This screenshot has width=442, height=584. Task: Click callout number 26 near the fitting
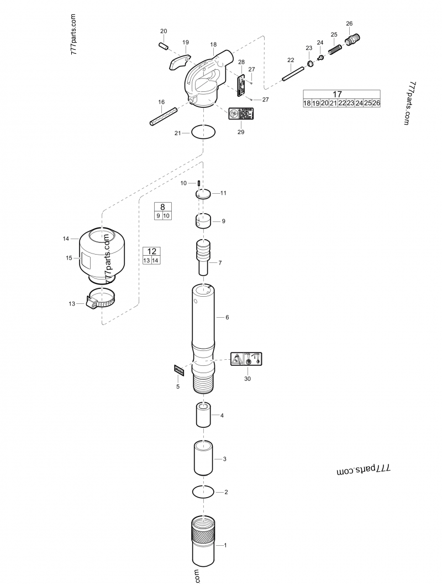[349, 23]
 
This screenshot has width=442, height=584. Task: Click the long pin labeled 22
[293, 73]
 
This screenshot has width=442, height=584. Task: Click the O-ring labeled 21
[203, 133]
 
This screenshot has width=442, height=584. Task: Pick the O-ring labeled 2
[203, 491]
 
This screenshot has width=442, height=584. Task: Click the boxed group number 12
[151, 251]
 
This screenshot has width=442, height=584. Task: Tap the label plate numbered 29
[241, 113]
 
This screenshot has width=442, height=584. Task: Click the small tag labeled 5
[178, 370]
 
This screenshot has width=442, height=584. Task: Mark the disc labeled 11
[203, 194]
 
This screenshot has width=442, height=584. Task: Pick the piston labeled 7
[203, 254]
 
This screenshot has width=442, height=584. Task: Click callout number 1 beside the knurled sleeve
[225, 545]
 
